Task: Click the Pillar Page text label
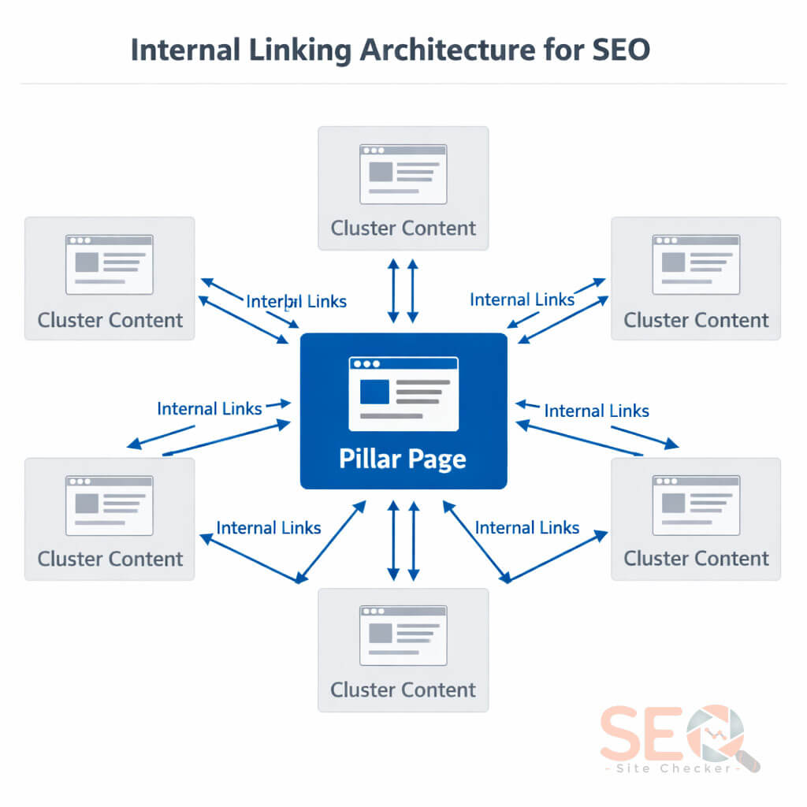tap(403, 459)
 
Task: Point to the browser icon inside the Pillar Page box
tap(403, 393)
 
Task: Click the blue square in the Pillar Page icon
tap(374, 392)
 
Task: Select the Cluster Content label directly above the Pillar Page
tap(403, 229)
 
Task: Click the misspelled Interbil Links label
tap(296, 301)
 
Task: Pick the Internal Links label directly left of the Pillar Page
tap(209, 408)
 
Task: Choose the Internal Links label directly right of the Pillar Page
tap(597, 411)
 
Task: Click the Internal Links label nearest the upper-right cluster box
tap(522, 299)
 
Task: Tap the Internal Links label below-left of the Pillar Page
tap(269, 528)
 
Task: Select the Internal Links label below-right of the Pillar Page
tap(527, 528)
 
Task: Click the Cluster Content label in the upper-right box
tap(696, 320)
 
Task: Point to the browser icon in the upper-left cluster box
tap(110, 265)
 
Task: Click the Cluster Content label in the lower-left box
tap(110, 559)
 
